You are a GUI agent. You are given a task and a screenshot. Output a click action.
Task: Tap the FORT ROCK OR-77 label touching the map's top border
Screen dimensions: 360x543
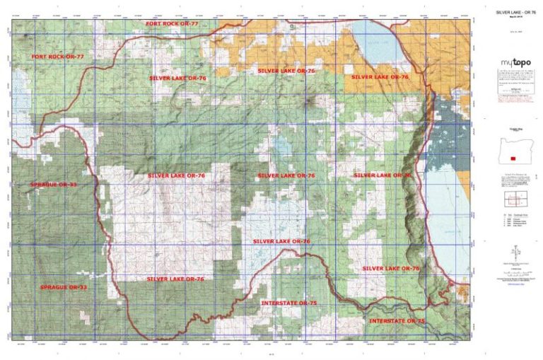[172, 24]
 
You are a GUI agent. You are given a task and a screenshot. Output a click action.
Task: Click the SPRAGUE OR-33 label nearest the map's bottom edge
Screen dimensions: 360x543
[64, 287]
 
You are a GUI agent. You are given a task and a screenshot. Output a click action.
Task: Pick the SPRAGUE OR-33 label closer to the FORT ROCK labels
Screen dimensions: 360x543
[53, 184]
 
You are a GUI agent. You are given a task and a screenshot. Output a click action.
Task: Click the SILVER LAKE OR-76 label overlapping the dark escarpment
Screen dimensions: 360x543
[383, 175]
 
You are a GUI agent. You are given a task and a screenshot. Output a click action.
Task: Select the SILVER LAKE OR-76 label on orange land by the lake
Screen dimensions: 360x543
[380, 76]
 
